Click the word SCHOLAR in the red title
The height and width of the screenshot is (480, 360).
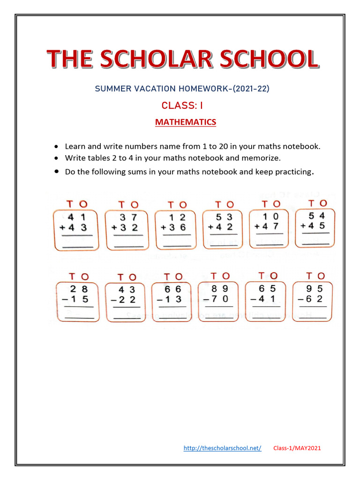182,60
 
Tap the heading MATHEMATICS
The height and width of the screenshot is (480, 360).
186,122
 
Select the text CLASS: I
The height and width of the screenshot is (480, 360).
182,105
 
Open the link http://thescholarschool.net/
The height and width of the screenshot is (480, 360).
222,448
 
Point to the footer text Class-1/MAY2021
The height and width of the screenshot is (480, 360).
297,448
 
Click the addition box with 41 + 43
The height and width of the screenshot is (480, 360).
76,230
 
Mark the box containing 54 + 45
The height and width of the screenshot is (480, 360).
315,227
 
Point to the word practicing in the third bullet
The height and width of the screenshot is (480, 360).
291,172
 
